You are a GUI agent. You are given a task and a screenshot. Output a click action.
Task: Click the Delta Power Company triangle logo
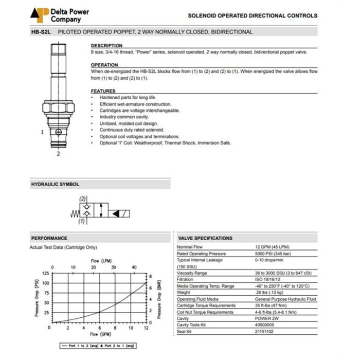40,14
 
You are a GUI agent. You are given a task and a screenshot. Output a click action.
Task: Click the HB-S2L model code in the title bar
42,32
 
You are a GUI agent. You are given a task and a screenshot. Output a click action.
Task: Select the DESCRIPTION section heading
106,46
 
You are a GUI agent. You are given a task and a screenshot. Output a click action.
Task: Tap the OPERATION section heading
104,65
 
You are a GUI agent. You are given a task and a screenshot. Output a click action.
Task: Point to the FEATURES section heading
103,91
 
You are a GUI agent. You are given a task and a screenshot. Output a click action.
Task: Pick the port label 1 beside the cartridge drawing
42,132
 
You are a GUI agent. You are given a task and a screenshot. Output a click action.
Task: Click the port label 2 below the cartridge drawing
58,153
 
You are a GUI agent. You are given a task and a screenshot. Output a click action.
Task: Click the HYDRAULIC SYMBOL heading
55,184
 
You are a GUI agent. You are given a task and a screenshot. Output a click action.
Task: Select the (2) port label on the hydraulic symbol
82,199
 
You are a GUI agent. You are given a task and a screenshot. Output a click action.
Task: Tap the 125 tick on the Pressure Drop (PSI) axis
46,274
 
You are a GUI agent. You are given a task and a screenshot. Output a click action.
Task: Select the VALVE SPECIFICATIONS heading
205,238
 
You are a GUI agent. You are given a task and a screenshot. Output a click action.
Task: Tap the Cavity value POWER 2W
266,318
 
